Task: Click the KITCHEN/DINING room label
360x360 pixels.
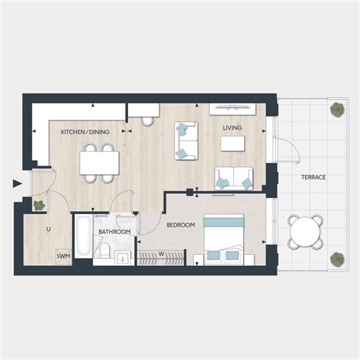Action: pyautogui.click(x=85, y=132)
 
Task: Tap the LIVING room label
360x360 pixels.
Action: pyautogui.click(x=233, y=127)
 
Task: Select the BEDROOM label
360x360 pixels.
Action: pyautogui.click(x=181, y=225)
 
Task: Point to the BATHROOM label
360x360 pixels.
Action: pyautogui.click(x=114, y=232)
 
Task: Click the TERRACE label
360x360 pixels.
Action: pyautogui.click(x=314, y=177)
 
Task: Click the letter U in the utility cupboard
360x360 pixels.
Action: pyautogui.click(x=48, y=229)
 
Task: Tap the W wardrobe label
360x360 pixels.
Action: pyautogui.click(x=161, y=254)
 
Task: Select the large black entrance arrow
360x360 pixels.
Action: pyautogui.click(x=17, y=183)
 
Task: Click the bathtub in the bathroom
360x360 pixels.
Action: pyautogui.click(x=83, y=235)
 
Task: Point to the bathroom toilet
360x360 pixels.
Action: pyautogui.click(x=105, y=251)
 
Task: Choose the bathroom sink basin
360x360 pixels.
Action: pyautogui.click(x=123, y=258)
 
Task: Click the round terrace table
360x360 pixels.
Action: pyautogui.click(x=305, y=231)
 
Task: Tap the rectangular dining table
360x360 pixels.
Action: pyautogui.click(x=99, y=163)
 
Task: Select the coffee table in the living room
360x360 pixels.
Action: pyautogui.click(x=233, y=143)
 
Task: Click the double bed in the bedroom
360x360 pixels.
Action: pyautogui.click(x=224, y=240)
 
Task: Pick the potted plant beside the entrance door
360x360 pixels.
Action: pyautogui.click(x=39, y=205)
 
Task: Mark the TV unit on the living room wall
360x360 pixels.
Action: pyautogui.click(x=233, y=109)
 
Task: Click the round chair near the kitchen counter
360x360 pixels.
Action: pyautogui.click(x=147, y=121)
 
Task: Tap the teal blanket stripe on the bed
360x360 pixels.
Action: pyautogui.click(x=224, y=222)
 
